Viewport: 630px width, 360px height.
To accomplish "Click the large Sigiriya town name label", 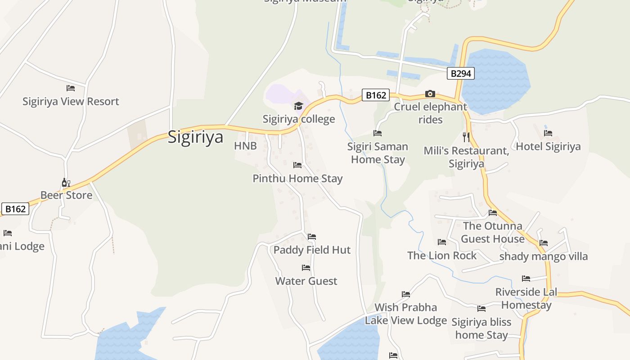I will [195, 137].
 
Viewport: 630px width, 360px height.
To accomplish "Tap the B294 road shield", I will [460, 73].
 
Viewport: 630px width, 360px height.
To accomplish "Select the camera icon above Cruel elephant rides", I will [430, 94].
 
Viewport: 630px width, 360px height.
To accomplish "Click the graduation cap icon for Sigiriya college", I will [298, 106].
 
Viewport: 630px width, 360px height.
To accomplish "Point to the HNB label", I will [245, 146].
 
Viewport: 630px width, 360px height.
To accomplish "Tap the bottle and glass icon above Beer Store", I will [66, 183].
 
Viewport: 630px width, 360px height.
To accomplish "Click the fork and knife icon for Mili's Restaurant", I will [466, 137].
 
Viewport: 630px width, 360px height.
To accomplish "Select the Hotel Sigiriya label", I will [548, 146].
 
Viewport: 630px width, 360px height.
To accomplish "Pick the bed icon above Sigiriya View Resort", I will [71, 88].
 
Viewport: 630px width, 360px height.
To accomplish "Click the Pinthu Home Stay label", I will [297, 178].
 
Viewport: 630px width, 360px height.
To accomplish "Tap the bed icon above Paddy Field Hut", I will [312, 237].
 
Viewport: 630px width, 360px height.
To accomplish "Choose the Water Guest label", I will [306, 281].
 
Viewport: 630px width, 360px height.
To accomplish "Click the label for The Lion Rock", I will [441, 255].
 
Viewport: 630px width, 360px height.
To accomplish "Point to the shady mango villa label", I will [544, 256].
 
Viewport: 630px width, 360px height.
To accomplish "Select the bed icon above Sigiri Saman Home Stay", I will [378, 133].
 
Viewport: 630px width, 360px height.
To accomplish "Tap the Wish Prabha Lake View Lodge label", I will [405, 314].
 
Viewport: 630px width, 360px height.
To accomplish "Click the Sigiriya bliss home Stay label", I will [481, 328].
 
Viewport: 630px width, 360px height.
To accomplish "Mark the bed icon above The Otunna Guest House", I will [493, 213].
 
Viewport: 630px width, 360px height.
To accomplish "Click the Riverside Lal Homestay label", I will [526, 298].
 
